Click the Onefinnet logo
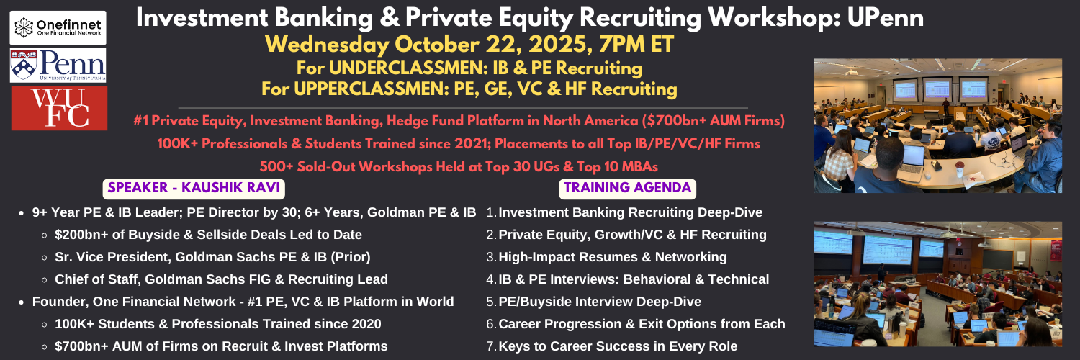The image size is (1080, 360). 58,28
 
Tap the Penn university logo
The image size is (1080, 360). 58,66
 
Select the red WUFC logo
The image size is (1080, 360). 59,109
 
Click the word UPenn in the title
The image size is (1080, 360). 885,18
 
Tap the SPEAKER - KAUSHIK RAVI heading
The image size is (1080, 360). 194,188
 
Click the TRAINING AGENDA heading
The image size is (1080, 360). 627,188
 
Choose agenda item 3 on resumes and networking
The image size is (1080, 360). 606,257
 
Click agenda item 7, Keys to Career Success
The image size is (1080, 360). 612,346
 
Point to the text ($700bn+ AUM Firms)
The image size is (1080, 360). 713,120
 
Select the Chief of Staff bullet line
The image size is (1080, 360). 221,279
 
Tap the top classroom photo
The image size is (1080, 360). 937,126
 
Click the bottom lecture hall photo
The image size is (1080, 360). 937,284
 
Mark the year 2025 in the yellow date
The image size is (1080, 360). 560,45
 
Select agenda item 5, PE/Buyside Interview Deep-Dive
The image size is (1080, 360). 593,302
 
